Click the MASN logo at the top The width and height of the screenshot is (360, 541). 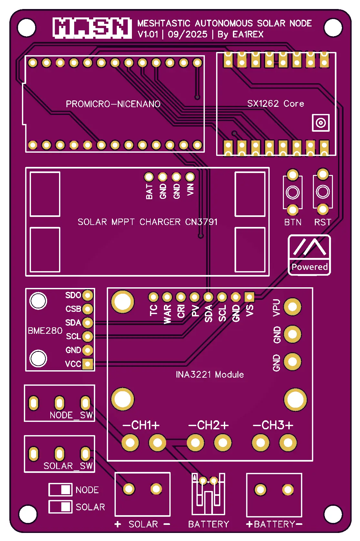[x=92, y=28]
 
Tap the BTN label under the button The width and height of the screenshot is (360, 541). [x=293, y=222]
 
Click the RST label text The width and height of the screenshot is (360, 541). [x=323, y=222]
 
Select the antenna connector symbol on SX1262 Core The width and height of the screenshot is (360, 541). [x=321, y=123]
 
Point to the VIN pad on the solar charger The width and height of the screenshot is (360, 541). [x=190, y=177]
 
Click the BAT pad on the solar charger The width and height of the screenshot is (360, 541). [x=149, y=177]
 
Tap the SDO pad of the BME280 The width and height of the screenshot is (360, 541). [x=87, y=295]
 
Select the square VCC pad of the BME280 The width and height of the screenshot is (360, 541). [x=87, y=364]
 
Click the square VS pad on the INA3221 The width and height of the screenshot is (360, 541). [x=249, y=297]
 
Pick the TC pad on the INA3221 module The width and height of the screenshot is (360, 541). [x=153, y=297]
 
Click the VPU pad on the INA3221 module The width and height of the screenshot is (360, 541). [x=293, y=307]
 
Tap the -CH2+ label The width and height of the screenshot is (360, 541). [x=208, y=425]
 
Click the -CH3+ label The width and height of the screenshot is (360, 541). [x=273, y=425]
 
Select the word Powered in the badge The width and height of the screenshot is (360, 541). [x=309, y=267]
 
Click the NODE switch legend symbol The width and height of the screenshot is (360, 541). [x=60, y=490]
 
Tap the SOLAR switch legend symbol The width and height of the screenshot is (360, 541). [x=60, y=506]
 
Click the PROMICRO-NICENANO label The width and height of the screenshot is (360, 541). [x=113, y=104]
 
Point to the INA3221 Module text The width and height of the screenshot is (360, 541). [x=210, y=374]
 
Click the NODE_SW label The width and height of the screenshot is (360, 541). [x=71, y=415]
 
